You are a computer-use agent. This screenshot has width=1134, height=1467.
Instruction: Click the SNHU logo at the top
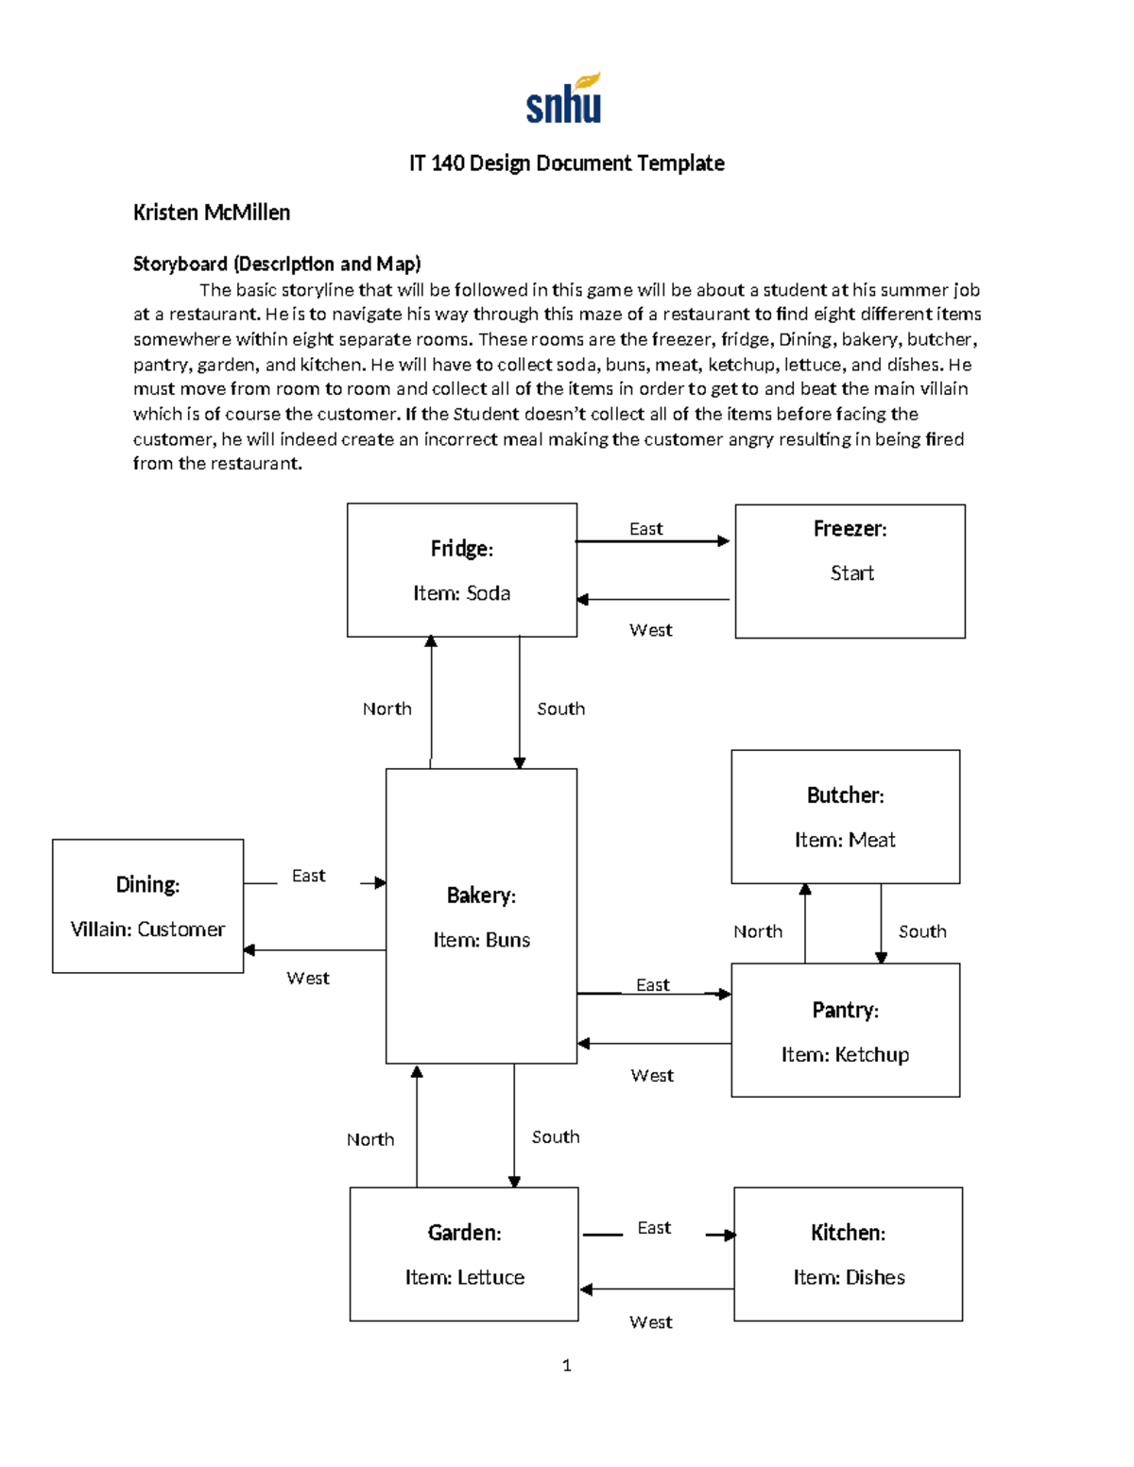[x=563, y=99]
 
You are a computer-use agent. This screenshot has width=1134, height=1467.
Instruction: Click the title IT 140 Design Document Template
[x=566, y=163]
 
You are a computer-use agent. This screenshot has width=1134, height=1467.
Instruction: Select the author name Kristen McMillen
[x=212, y=213]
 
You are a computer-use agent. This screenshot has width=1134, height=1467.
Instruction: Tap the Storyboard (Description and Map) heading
[x=277, y=264]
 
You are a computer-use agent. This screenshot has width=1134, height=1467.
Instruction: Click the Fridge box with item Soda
[x=461, y=570]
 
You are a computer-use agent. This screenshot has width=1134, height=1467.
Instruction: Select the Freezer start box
[x=850, y=571]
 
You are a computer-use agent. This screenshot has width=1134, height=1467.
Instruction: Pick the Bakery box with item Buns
[x=481, y=915]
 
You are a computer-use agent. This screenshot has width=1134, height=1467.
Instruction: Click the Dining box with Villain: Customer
[x=147, y=906]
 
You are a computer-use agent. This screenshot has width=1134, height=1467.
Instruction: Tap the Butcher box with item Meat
[x=845, y=817]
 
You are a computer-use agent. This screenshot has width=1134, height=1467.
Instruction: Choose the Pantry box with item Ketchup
[x=845, y=1031]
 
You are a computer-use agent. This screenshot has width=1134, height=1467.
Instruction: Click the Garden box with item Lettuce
[x=464, y=1254]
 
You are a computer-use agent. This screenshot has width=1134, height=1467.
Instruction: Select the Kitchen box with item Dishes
[x=848, y=1254]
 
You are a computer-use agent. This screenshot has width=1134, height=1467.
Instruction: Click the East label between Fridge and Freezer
[x=646, y=529]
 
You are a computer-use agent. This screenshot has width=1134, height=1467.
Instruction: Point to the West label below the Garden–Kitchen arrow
[x=651, y=1322]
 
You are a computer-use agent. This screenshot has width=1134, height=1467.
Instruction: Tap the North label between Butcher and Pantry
[x=758, y=931]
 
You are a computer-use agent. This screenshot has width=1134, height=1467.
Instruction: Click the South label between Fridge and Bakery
[x=561, y=708]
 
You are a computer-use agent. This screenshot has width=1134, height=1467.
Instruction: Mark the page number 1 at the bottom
[x=566, y=1365]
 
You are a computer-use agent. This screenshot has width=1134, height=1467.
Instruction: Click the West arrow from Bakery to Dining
[x=315, y=950]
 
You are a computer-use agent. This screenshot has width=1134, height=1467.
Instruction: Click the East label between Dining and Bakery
[x=308, y=876]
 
